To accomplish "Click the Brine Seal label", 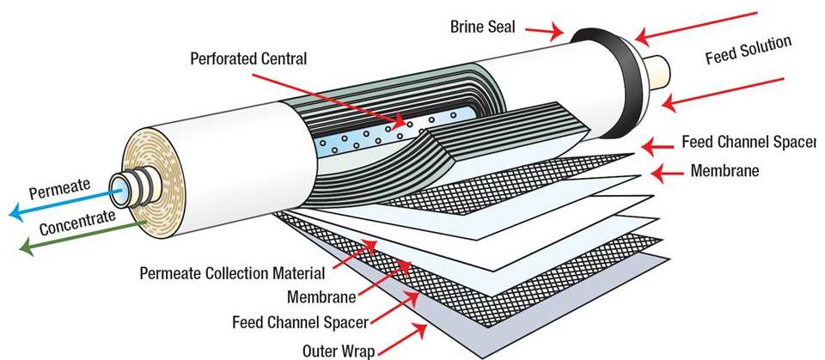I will coord(482,27).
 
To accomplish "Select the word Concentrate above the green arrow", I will coord(76,225).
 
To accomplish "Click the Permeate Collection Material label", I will coord(232,274).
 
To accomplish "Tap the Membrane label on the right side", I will coord(724,170).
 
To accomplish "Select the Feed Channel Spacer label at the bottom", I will coord(300,323).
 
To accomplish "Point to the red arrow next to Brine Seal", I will coord(545,31).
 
